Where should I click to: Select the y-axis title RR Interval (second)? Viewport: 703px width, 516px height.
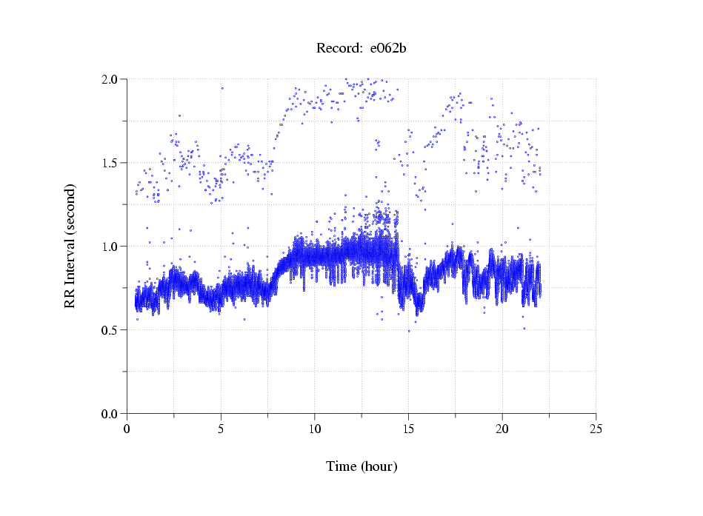coord(70,246)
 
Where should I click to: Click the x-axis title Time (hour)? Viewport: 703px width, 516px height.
coord(362,466)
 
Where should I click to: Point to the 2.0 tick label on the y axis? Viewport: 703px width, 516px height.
coord(111,79)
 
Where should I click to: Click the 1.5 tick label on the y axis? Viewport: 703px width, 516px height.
coord(111,163)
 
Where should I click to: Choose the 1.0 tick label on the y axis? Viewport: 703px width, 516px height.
coord(111,247)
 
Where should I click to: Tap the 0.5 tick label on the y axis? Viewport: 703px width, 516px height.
coord(111,330)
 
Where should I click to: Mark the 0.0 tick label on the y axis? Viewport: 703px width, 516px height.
coord(111,414)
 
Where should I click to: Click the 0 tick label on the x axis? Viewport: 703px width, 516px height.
coord(127,429)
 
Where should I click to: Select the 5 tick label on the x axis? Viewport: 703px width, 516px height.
coord(221,429)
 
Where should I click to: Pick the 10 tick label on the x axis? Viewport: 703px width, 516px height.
coord(315,429)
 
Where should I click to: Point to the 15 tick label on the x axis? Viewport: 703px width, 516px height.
coord(409,429)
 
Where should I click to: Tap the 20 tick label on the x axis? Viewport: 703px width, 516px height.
coord(502,429)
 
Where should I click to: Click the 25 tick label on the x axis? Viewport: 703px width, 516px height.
coord(596,429)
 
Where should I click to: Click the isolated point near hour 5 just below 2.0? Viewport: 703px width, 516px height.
coord(221,88)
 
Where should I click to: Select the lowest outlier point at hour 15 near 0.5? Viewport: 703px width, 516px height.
coord(408,331)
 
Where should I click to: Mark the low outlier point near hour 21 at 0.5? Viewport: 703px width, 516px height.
coord(524,328)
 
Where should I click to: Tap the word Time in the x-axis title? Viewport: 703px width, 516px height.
coord(341,466)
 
